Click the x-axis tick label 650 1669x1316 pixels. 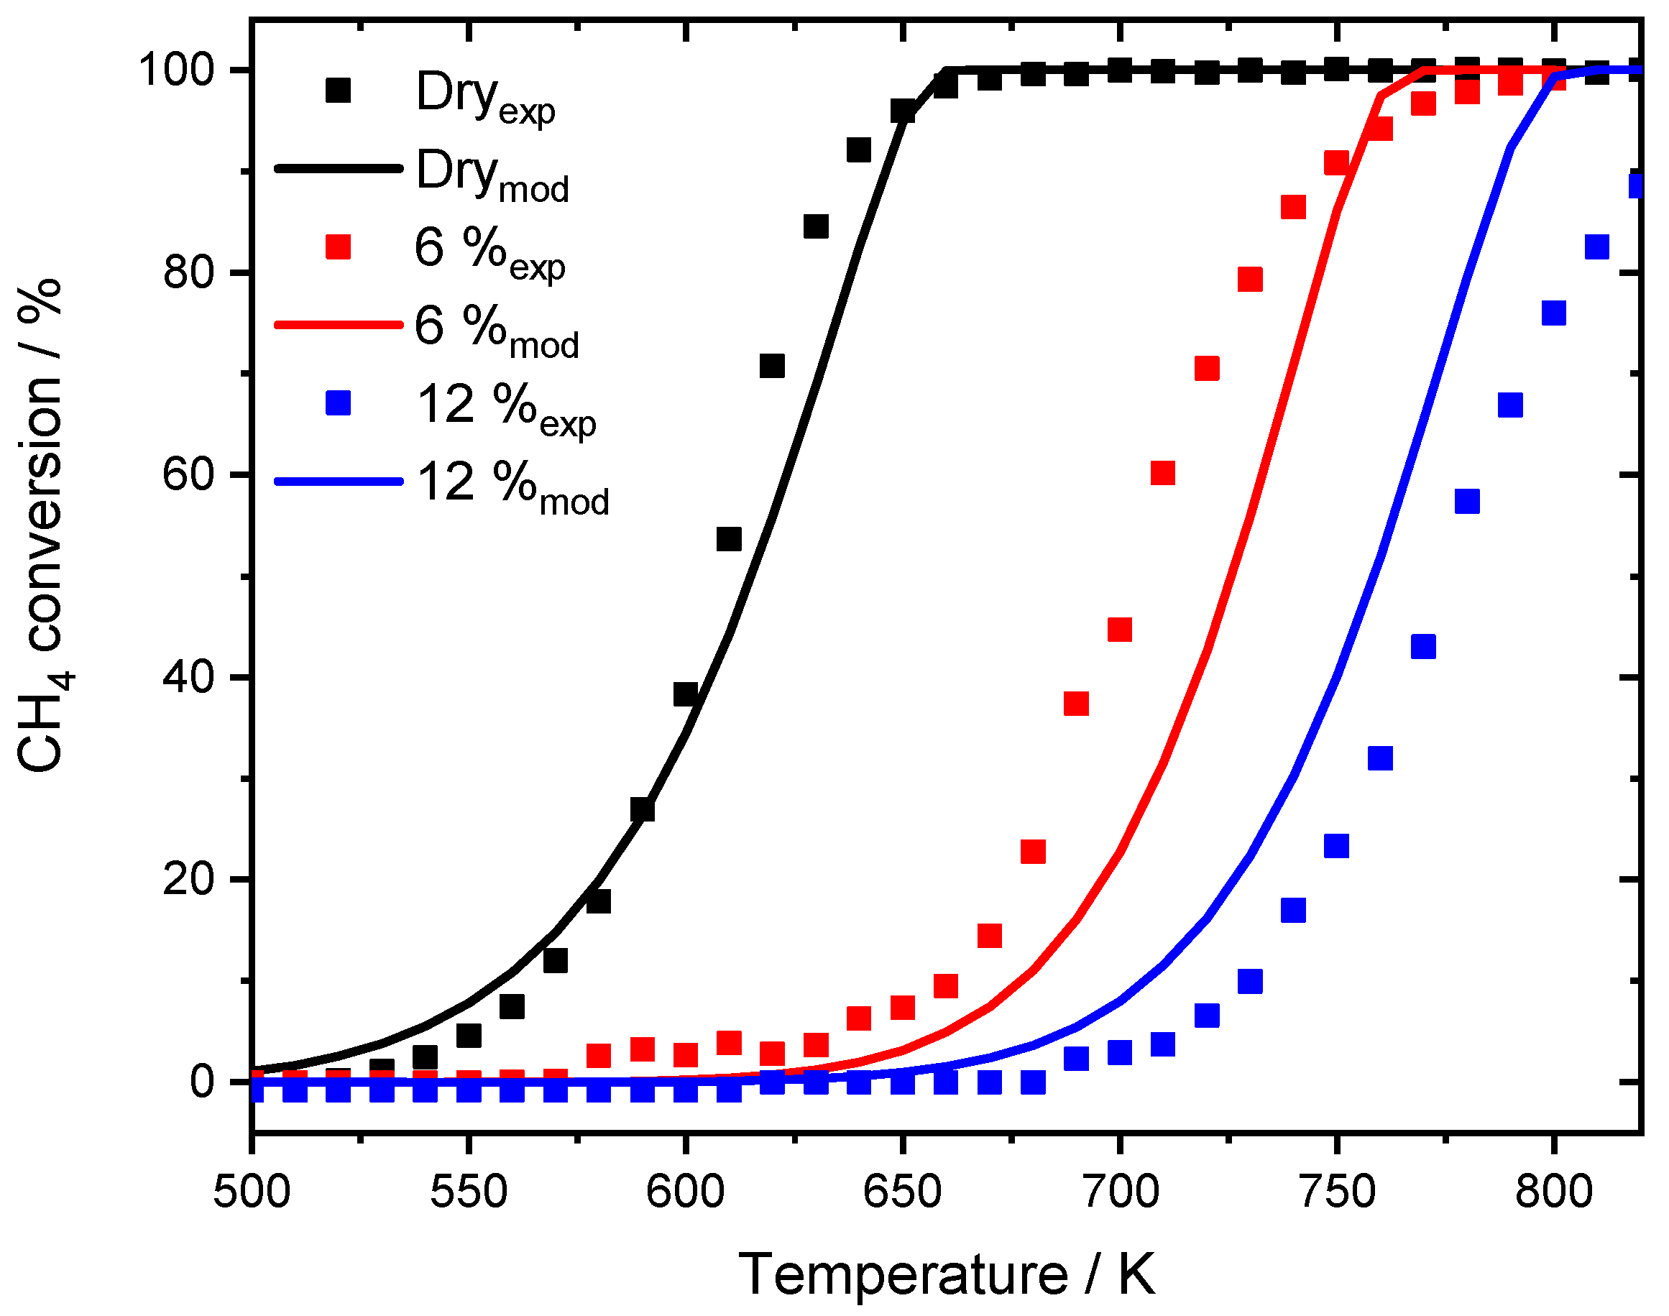(x=902, y=1191)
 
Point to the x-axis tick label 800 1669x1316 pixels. (x=1553, y=1191)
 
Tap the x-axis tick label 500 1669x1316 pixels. (x=252, y=1191)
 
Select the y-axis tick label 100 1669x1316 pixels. (x=175, y=70)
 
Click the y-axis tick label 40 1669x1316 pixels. (x=188, y=678)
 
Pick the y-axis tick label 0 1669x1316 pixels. (x=202, y=1082)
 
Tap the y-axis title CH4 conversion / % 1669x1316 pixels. (x=42, y=524)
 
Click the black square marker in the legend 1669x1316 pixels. (x=338, y=90)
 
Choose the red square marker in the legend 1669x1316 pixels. (x=338, y=247)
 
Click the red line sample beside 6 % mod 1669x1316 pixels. (x=339, y=325)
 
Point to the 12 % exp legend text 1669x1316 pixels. (x=505, y=408)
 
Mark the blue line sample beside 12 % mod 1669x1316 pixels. (x=339, y=482)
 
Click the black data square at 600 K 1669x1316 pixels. (x=686, y=694)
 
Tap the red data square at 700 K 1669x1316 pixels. (x=1120, y=630)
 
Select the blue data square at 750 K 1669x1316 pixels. (x=1336, y=845)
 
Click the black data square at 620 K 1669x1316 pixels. (x=772, y=366)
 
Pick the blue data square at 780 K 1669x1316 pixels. (x=1467, y=502)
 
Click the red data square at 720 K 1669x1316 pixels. (x=1207, y=368)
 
